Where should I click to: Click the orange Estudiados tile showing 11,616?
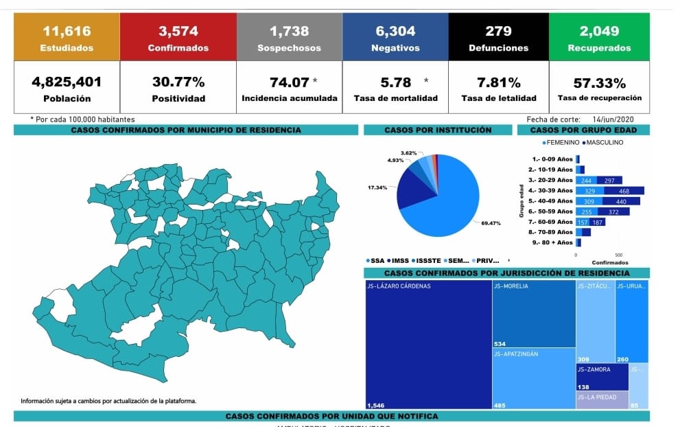[x=67, y=38]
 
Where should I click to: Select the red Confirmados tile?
[x=178, y=38]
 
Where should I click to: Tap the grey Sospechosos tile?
[x=289, y=38]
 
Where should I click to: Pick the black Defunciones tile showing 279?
[x=498, y=38]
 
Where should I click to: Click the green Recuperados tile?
[x=599, y=38]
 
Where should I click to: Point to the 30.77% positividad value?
[x=178, y=82]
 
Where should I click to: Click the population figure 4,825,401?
[x=67, y=82]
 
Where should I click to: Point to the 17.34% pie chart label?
[x=377, y=187]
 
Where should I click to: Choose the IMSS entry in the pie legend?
[x=401, y=261]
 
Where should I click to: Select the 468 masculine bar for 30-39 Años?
[x=624, y=190]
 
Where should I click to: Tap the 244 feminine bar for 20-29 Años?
[x=585, y=180]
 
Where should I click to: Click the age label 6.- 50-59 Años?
[x=550, y=211]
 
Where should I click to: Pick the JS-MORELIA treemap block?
[x=533, y=313]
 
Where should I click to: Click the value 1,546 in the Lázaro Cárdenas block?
[x=377, y=405]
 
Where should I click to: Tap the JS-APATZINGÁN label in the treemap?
[x=516, y=354]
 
